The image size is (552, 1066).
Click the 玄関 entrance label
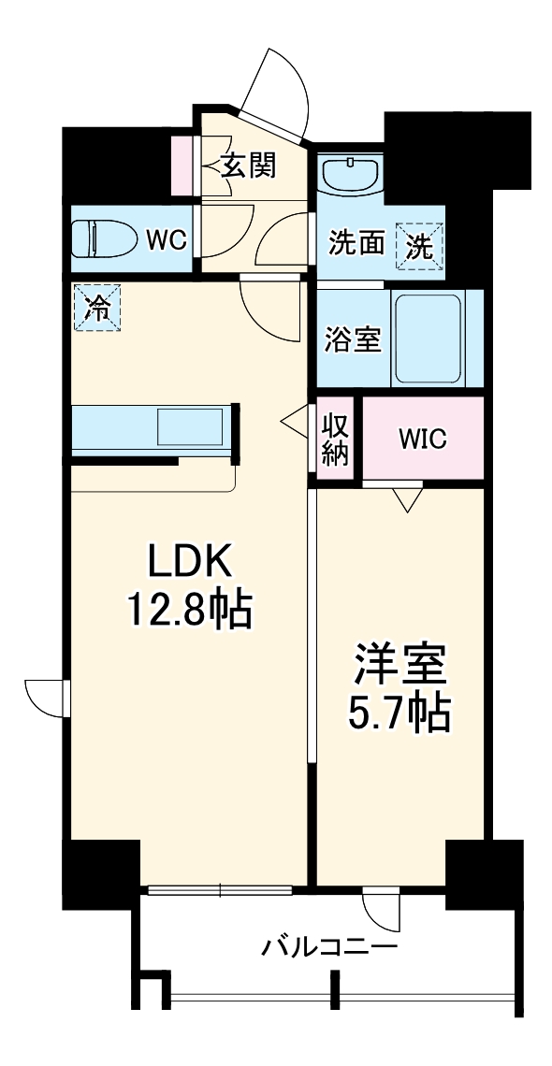pos(249,166)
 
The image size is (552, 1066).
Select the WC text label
pos(167,240)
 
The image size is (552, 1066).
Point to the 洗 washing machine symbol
pos(420,245)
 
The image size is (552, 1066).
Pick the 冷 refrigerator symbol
pos(97,308)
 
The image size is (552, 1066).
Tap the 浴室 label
pos(352,339)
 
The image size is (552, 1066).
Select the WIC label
pos(422,439)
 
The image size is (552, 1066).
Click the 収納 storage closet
pos(335,439)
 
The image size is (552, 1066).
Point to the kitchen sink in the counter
pos(190,427)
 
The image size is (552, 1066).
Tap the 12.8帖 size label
pos(188,609)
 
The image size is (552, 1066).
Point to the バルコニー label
pos(330,946)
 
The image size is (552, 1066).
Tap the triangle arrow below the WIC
pos(407,500)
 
